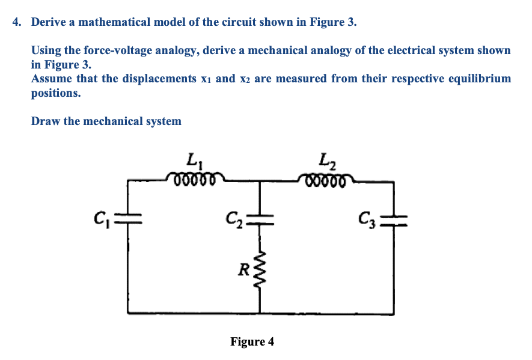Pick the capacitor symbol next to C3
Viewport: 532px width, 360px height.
(x=394, y=220)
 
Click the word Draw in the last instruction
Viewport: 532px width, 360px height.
(x=46, y=121)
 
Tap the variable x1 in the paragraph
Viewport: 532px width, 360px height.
(x=203, y=79)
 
